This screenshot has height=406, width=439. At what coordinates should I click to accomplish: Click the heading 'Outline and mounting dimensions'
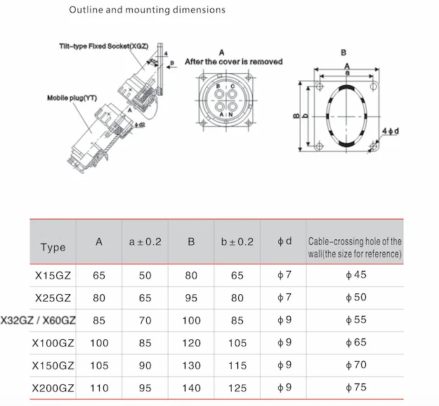coord(148,11)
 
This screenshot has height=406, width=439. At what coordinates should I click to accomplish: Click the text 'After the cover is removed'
coord(234,62)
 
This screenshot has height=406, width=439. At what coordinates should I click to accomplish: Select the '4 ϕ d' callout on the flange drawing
coord(391,132)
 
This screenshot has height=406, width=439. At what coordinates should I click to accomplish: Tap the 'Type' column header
coord(53,247)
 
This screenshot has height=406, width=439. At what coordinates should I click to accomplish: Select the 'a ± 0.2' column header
coord(145,241)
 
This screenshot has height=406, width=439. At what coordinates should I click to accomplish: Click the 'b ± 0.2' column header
coord(237,241)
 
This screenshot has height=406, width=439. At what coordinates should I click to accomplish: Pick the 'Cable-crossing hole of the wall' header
coord(355,247)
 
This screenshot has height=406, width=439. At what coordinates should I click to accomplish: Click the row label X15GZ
coord(53,275)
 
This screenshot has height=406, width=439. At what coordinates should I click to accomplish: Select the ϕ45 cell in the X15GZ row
coord(354,274)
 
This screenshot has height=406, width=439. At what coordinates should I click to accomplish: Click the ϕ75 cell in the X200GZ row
coord(354,388)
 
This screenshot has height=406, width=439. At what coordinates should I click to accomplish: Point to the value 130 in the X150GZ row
coord(191,366)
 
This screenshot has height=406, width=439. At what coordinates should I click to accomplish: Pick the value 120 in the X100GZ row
coord(191,343)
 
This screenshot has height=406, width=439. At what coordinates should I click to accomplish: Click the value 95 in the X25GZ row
coord(191,298)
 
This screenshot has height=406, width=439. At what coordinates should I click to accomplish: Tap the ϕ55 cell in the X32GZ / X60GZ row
coord(354,320)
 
